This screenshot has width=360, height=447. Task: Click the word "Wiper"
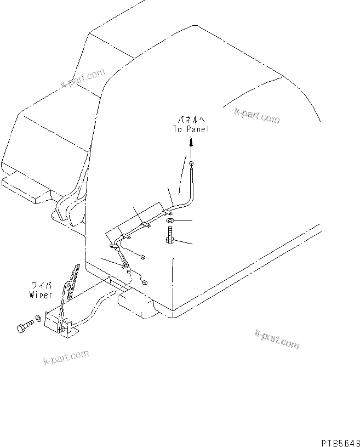coord(41,295)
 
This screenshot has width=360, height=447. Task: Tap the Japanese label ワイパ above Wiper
coord(41,286)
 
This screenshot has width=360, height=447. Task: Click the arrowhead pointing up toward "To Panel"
coord(191,142)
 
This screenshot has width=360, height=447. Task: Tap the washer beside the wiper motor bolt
coord(37,318)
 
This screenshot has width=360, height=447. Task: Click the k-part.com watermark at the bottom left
coord(66,357)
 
